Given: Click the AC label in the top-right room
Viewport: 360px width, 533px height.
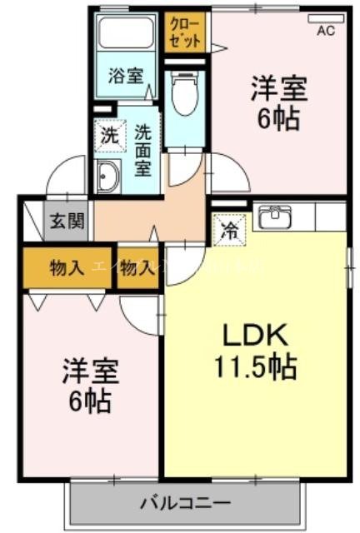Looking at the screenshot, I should point(326,32).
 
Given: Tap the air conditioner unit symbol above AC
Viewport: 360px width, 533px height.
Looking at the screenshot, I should point(326,17).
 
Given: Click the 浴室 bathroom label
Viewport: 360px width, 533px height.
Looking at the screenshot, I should point(126,76).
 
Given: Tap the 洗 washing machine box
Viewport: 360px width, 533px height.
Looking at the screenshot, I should point(109,134).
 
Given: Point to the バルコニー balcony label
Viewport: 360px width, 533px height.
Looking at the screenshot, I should point(185,502).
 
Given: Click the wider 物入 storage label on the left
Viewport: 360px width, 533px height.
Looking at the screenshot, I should point(67,268).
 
